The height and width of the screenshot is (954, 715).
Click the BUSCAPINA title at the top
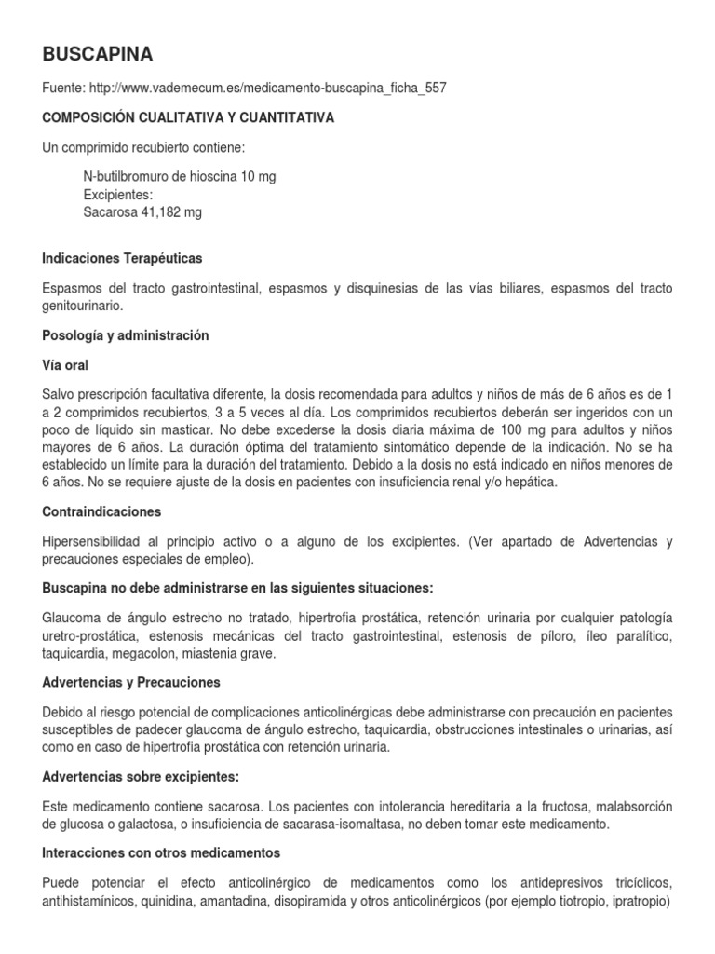(x=98, y=52)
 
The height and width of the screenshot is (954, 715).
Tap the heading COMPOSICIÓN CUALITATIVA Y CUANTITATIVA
(x=189, y=118)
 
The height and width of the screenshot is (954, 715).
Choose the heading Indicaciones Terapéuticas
(x=122, y=257)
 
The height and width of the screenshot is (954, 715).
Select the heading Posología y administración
(x=126, y=334)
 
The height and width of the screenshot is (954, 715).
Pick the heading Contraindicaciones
(x=102, y=511)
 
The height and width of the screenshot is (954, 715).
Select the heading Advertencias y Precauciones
(x=131, y=683)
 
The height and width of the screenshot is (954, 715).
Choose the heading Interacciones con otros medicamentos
(x=161, y=852)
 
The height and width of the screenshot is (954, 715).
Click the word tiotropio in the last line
(x=572, y=901)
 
